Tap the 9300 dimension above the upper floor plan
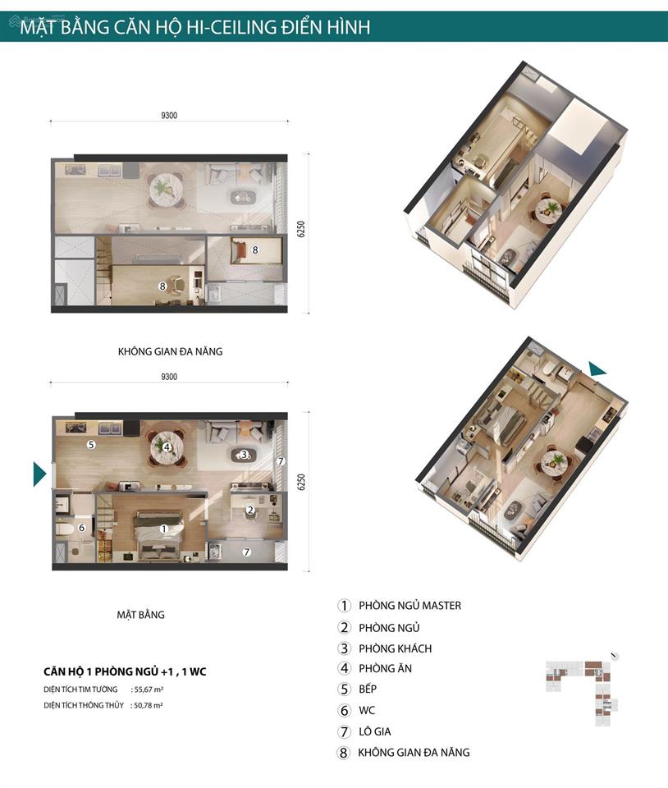point(169,116)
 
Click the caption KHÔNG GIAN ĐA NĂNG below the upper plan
point(170,351)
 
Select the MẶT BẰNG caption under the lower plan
point(141,614)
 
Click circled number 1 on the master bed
point(164,529)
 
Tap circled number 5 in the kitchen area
point(91,445)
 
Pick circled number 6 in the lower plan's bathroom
point(81,528)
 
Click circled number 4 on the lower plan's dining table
point(167,447)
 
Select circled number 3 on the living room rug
point(244,454)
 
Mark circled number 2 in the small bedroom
point(250,510)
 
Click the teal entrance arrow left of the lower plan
point(39,474)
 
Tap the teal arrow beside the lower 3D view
point(597,369)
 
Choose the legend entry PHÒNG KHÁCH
point(395,648)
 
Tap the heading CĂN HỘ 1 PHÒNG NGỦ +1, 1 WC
point(125,671)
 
